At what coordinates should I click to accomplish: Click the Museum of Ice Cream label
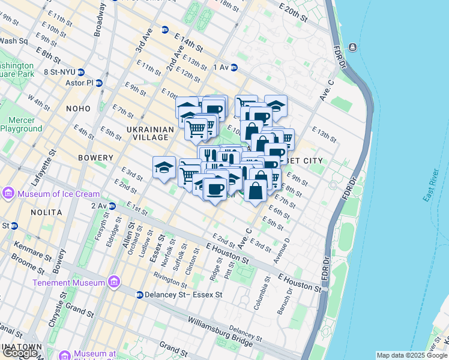(x=58, y=194)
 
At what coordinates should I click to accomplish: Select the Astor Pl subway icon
(x=99, y=83)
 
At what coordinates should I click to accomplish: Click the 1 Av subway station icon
(x=234, y=68)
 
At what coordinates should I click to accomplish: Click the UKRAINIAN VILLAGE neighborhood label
(x=150, y=133)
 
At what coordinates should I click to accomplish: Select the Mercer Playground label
(x=22, y=124)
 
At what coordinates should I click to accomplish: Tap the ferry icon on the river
(x=352, y=47)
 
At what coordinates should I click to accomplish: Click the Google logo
(x=20, y=353)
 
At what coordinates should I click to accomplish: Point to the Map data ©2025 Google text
(x=412, y=355)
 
